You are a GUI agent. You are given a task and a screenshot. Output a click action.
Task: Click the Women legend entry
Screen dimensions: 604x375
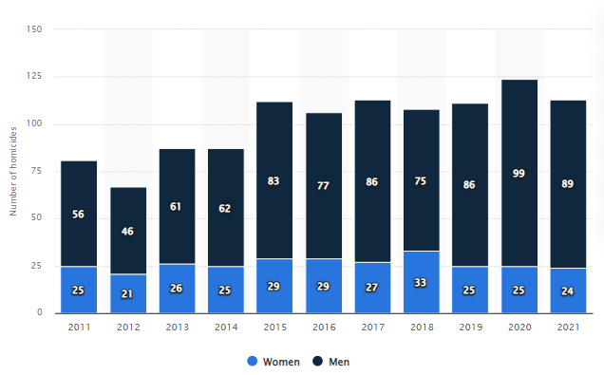click(x=274, y=362)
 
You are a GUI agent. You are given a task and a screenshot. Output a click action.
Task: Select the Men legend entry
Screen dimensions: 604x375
click(x=331, y=362)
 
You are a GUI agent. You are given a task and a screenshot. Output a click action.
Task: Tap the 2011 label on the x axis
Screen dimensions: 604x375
click(x=80, y=327)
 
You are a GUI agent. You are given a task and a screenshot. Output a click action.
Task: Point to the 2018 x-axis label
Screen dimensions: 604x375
click(x=422, y=327)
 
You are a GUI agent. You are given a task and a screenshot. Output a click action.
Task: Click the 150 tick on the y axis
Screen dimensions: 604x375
click(x=34, y=29)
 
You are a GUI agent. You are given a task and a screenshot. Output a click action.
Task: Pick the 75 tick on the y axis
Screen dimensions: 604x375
click(x=36, y=171)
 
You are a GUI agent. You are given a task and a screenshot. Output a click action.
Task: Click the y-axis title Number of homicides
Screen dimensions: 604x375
click(x=13, y=171)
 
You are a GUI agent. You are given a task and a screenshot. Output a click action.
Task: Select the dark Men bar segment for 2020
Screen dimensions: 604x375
click(x=519, y=173)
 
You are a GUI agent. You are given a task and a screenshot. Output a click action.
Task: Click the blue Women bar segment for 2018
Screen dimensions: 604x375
click(x=422, y=282)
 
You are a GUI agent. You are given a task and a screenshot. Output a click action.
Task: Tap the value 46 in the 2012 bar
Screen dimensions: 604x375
click(x=127, y=231)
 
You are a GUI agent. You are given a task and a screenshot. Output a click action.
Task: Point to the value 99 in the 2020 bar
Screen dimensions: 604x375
click(x=519, y=174)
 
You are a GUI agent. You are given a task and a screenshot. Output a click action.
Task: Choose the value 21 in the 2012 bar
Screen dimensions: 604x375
click(x=127, y=294)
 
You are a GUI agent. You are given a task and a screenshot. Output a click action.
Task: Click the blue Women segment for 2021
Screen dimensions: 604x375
click(x=568, y=291)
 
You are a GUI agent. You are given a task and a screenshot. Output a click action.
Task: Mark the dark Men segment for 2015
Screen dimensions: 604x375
click(x=274, y=180)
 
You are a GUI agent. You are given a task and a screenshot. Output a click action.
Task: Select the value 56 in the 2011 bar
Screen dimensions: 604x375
click(x=78, y=214)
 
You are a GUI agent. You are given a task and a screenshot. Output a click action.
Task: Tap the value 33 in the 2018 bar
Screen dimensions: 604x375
click(x=421, y=283)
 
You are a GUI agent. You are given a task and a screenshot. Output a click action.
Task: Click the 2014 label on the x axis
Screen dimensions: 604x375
click(x=226, y=327)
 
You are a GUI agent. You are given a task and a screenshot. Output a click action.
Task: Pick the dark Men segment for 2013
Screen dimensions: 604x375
click(x=178, y=207)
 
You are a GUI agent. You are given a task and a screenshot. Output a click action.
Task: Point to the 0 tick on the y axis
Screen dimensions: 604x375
click(x=40, y=312)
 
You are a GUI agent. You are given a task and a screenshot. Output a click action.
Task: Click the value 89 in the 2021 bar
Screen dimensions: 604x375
click(x=567, y=183)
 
